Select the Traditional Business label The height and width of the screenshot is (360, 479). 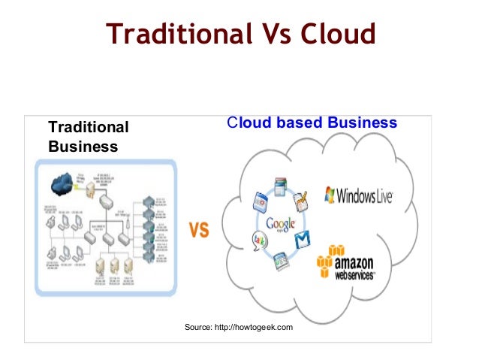89,137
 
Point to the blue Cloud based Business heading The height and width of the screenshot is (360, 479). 312,123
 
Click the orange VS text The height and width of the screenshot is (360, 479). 199,230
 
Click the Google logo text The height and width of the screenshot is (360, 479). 281,223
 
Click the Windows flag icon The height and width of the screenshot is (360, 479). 329,195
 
